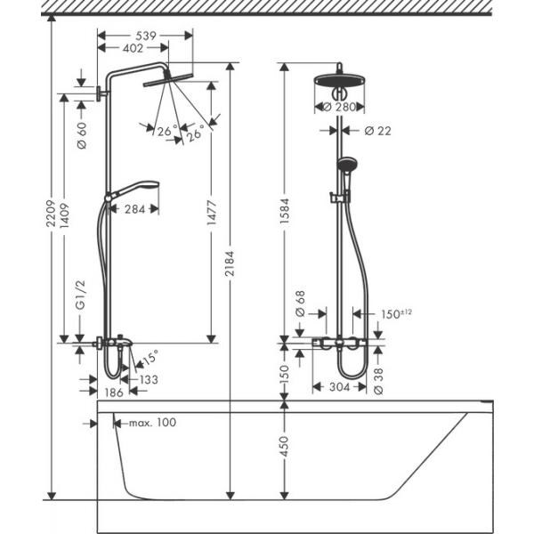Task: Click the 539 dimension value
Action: (x=146, y=36)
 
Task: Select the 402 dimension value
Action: (x=133, y=48)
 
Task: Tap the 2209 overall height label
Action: (x=51, y=214)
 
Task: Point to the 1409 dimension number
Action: (x=64, y=215)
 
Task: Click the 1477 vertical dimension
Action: (x=212, y=213)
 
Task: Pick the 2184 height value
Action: (x=231, y=263)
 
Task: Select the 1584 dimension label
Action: (x=285, y=211)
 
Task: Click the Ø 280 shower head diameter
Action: (x=339, y=107)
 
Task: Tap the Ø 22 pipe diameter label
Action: (x=377, y=131)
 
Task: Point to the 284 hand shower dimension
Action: (x=135, y=209)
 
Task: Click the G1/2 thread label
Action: (x=81, y=295)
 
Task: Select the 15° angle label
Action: (x=150, y=358)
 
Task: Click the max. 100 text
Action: (x=152, y=423)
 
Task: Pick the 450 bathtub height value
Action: (x=284, y=446)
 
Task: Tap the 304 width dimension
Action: (x=340, y=387)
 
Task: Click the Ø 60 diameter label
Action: (x=82, y=135)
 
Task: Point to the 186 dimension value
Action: (x=113, y=392)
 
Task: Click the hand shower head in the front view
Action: (x=346, y=164)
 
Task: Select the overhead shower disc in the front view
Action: (x=340, y=81)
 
